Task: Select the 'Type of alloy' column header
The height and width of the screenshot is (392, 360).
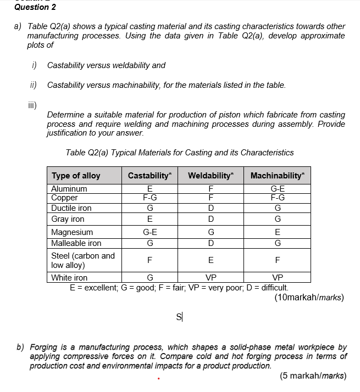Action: tap(76, 176)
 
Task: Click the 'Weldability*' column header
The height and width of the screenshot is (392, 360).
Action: tap(211, 176)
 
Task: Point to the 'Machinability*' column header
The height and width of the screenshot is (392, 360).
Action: tap(278, 176)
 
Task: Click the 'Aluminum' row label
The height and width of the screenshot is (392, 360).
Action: tap(69, 189)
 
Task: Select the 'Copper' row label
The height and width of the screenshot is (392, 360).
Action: tap(64, 198)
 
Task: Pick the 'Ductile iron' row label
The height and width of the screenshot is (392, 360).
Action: tap(71, 208)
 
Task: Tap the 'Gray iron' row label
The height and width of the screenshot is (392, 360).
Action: tap(68, 219)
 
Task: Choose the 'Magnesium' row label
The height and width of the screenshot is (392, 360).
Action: tap(72, 232)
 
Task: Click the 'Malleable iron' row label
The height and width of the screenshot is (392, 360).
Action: tap(76, 243)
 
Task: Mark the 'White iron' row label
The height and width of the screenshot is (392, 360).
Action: tap(69, 278)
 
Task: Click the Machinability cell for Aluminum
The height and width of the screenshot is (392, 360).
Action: tap(278, 189)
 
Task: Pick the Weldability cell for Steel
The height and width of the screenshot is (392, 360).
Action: tap(211, 260)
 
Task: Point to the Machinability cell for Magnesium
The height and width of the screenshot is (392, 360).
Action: tap(278, 232)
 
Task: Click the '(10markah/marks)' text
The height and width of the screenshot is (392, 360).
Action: tap(308, 298)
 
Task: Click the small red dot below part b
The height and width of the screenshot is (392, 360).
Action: tap(158, 378)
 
